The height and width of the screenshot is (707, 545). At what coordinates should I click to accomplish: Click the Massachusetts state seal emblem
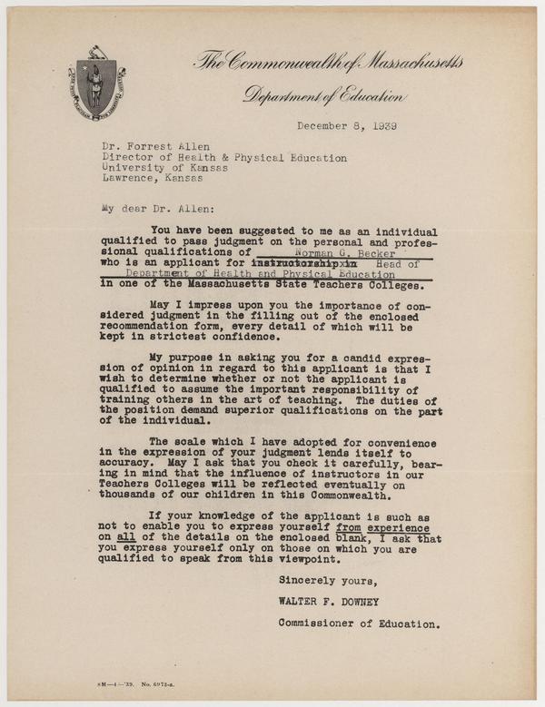96,89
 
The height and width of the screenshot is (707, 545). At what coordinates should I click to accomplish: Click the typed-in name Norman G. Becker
337,252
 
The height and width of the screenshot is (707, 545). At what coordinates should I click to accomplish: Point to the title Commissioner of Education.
361,624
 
